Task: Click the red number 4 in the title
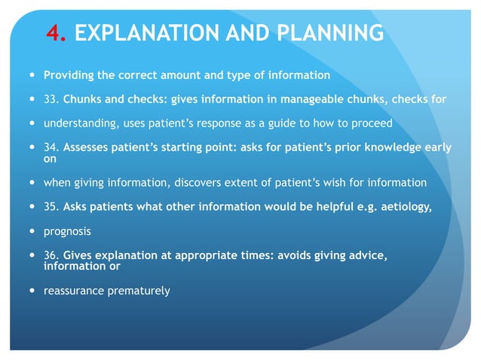[x=53, y=33]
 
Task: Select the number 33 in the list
[x=51, y=99]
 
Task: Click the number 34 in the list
[x=51, y=148]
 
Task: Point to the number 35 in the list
[x=51, y=206]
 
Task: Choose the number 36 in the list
[x=51, y=255]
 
